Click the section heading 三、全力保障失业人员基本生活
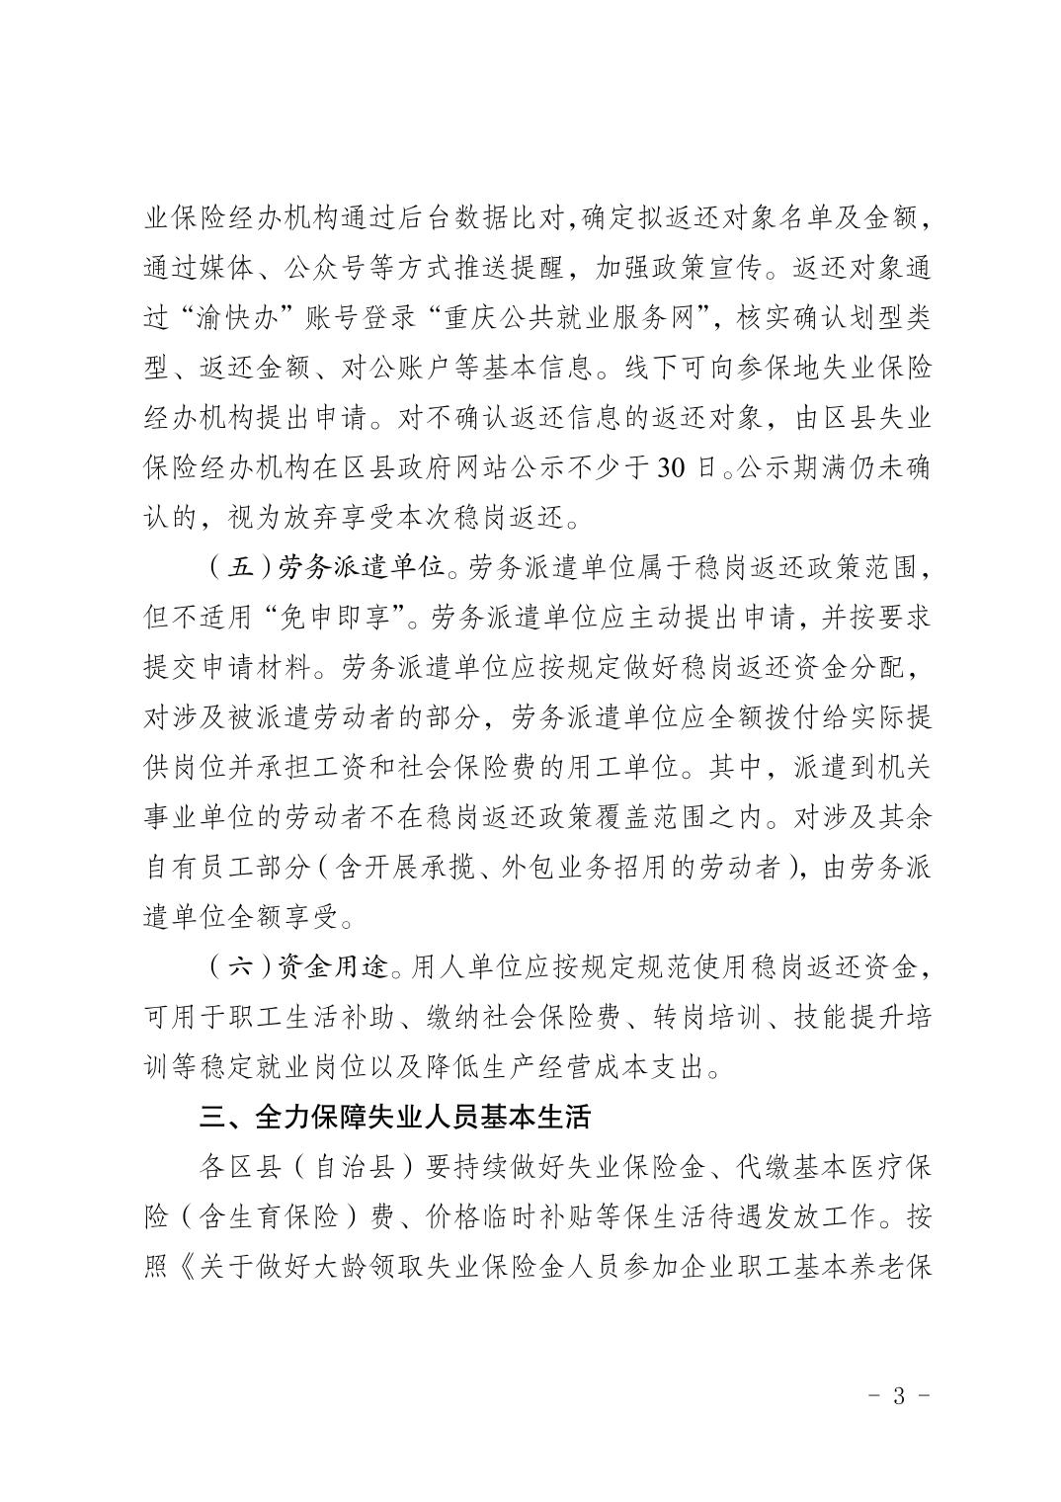tap(394, 1117)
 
